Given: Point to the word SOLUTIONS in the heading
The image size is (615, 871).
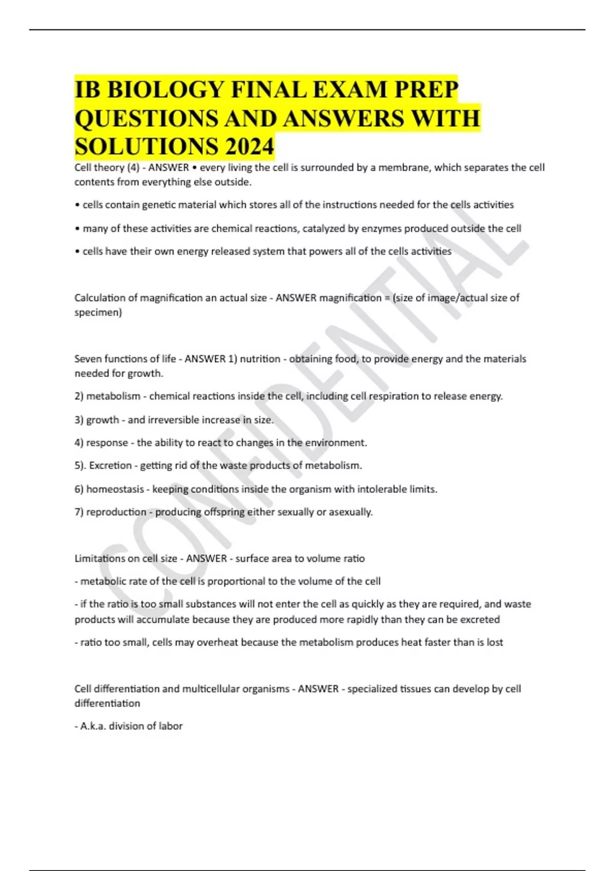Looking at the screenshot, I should (x=145, y=147).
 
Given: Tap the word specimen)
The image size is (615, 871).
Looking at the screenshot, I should (x=98, y=313).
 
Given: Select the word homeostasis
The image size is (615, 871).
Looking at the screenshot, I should (x=115, y=489).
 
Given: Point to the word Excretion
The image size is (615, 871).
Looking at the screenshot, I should (x=110, y=466).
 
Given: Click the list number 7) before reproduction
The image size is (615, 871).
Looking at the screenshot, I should (x=79, y=512).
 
